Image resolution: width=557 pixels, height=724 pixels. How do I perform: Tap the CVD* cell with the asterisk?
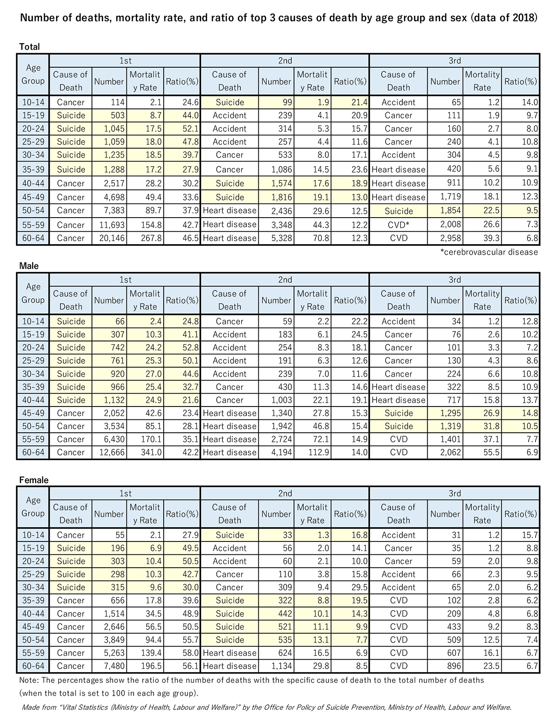point(398,224)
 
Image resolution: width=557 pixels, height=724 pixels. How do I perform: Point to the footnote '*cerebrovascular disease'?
point(489,252)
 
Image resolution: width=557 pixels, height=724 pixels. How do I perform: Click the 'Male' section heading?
point(29,266)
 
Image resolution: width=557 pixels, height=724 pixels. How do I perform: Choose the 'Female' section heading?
point(34,480)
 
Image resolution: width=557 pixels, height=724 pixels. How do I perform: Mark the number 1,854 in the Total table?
point(446,211)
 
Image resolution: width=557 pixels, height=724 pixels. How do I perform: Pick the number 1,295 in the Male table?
point(446,413)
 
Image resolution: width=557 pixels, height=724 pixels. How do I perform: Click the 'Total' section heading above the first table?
point(30,47)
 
